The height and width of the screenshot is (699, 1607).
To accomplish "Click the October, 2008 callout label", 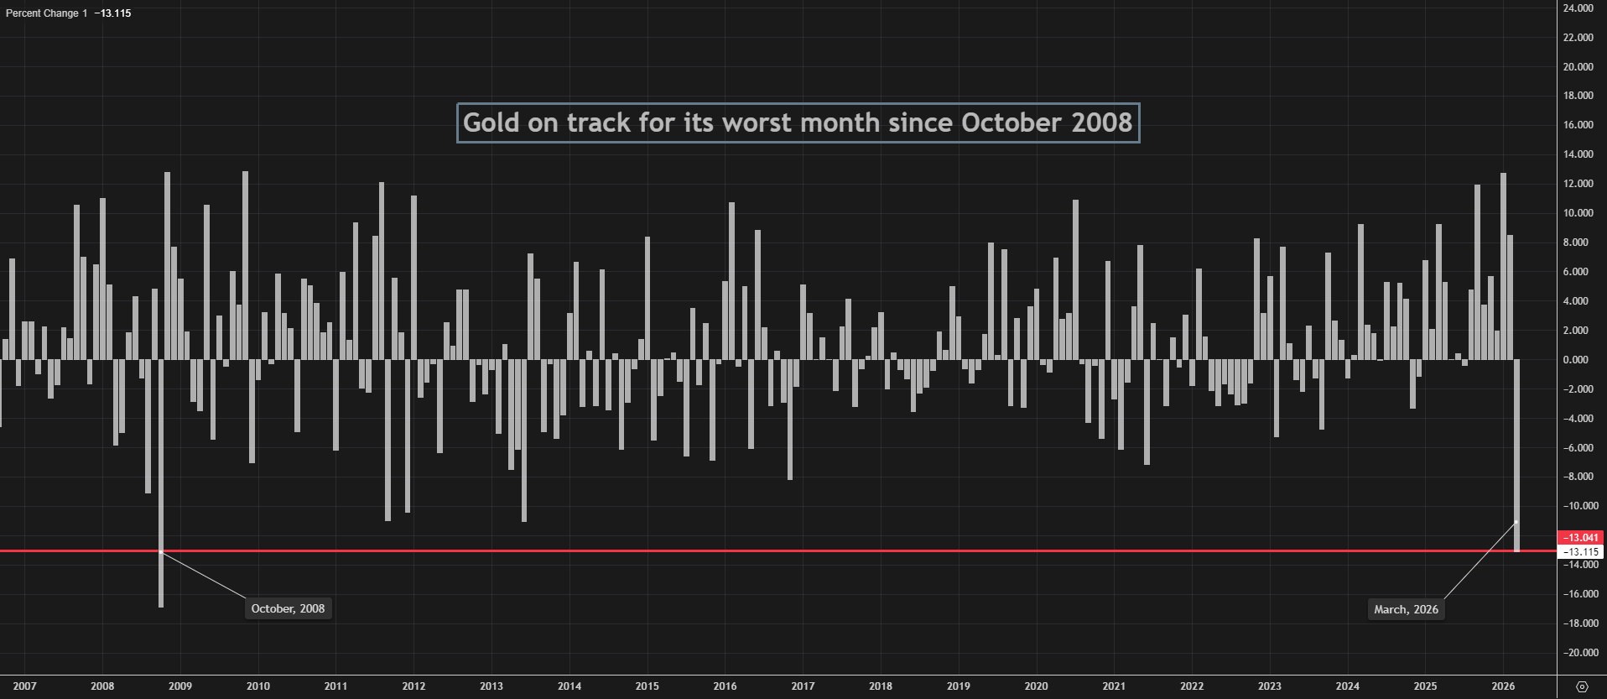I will click(288, 608).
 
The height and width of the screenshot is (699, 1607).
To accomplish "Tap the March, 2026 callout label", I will click(1406, 609).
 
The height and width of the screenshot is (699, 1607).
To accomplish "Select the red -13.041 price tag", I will click(1580, 538).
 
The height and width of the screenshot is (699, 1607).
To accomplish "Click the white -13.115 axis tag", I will click(1580, 552).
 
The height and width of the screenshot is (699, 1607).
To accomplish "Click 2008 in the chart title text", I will click(1101, 123).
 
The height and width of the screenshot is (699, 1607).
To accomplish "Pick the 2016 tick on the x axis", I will click(725, 686).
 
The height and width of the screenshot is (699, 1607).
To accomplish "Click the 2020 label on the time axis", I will click(1036, 686).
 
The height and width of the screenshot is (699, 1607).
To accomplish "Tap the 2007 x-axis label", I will click(25, 686).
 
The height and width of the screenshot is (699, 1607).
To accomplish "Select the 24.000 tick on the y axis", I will click(1578, 8).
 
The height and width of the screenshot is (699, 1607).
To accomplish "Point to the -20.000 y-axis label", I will click(1578, 653).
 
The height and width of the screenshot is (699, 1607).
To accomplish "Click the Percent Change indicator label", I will click(46, 13).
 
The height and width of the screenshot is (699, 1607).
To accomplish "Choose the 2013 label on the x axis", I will click(491, 686).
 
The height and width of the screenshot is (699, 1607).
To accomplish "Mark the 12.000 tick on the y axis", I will click(1578, 184).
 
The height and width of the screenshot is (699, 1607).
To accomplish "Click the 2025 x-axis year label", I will click(1425, 686).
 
